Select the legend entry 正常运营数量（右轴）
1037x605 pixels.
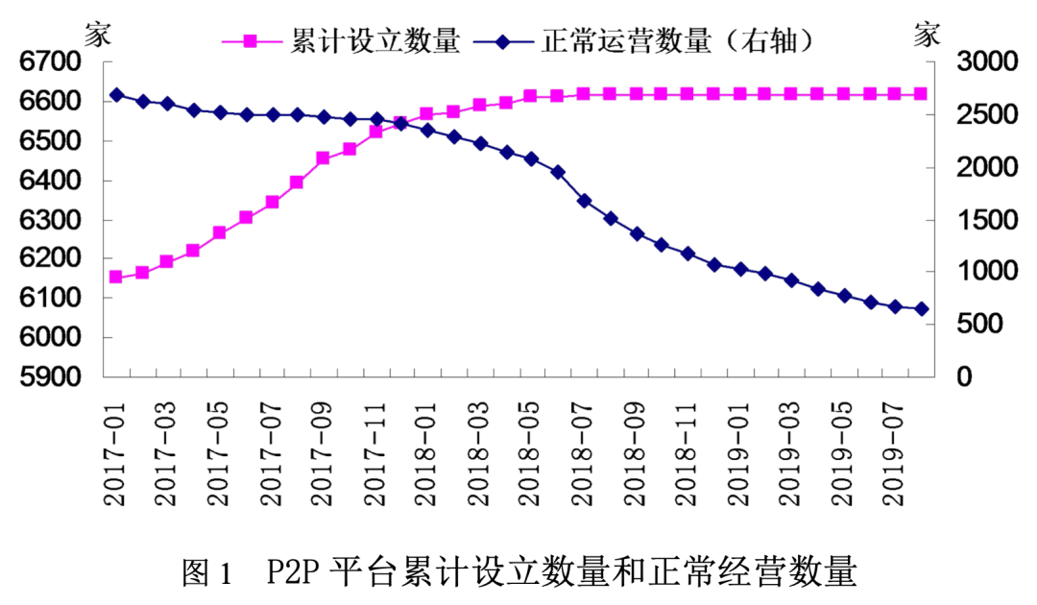coord(672,40)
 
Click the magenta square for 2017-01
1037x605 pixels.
coord(116,277)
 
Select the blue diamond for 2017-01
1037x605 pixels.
coord(116,95)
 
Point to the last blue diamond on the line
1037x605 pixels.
coord(921,308)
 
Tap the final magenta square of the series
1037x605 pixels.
coord(921,94)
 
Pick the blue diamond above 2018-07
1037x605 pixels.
coord(584,201)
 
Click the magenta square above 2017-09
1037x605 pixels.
coord(324,158)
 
